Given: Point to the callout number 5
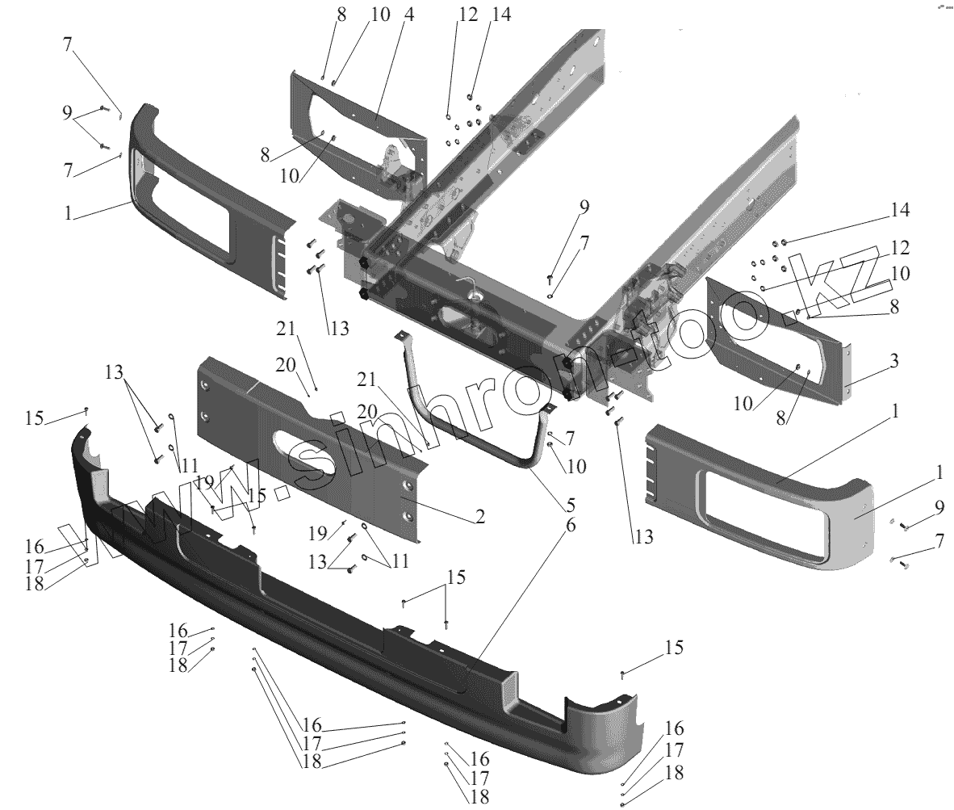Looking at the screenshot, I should pos(570,506).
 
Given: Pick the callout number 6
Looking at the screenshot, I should pos(570,526).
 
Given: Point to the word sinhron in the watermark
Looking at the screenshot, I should pos(420,428).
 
